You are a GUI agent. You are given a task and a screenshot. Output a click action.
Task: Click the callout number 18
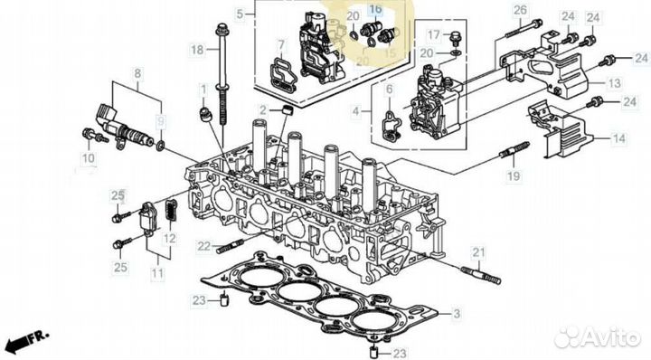pos(197,52)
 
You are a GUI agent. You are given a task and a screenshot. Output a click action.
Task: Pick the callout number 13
pos(613,82)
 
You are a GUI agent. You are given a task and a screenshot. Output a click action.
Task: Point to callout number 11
pos(158,271)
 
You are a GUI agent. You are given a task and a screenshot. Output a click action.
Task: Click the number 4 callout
pos(355,112)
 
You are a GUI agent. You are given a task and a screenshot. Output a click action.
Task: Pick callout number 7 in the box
pos(281,45)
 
